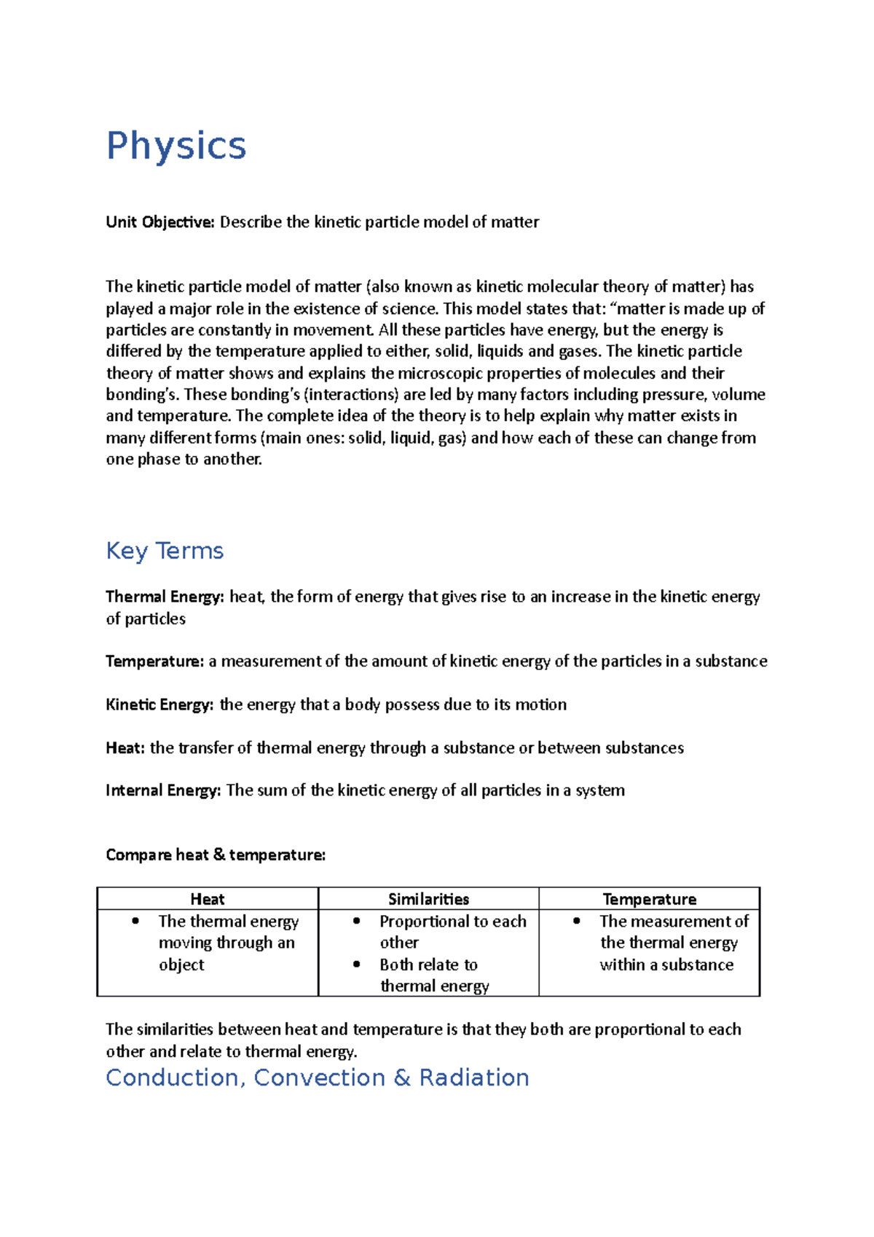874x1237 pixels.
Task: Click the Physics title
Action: click(x=176, y=146)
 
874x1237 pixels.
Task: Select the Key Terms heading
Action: click(x=165, y=551)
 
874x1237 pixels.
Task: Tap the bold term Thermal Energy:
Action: click(x=165, y=597)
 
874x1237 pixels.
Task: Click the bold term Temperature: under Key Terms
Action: click(x=154, y=661)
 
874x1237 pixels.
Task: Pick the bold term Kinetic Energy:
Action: click(x=160, y=704)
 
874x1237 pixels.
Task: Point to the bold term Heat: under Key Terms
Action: click(x=125, y=748)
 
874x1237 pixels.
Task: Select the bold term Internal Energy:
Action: click(x=163, y=790)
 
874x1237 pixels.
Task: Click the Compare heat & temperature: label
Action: click(x=216, y=855)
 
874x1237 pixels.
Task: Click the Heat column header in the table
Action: click(x=208, y=899)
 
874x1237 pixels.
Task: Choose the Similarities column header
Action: click(x=428, y=899)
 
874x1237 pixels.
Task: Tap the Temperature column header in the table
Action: click(x=649, y=899)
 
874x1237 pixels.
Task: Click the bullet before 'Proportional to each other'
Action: click(x=357, y=921)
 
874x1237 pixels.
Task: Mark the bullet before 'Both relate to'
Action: click(x=357, y=964)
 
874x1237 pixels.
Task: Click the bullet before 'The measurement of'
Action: click(x=577, y=921)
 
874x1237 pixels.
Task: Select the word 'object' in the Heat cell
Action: click(x=181, y=965)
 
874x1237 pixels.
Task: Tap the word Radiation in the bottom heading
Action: click(x=474, y=1077)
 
